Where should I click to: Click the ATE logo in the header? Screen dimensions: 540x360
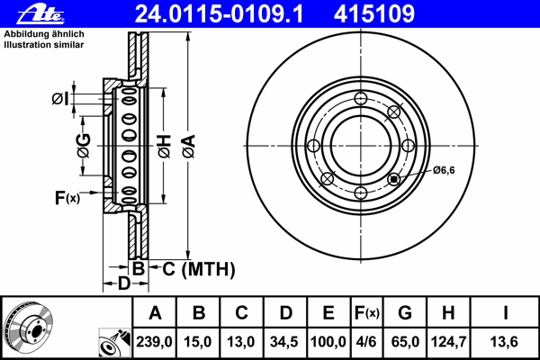point(40,14)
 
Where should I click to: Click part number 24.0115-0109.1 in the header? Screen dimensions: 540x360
point(220,14)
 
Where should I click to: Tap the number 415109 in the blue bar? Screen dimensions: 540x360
point(374,14)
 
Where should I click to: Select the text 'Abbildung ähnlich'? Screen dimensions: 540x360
point(44,34)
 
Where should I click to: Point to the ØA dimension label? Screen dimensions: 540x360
point(189,146)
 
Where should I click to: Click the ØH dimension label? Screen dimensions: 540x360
point(165,146)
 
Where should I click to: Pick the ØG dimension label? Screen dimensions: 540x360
point(84,146)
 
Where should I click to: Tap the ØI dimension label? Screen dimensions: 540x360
point(60,99)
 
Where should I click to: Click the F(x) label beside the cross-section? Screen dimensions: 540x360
point(67,198)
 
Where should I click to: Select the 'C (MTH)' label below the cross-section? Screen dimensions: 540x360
point(199,269)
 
